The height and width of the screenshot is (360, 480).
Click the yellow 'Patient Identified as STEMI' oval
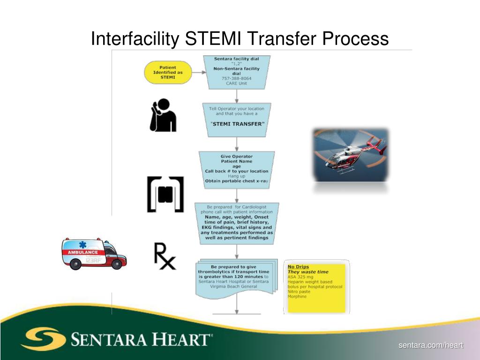[168, 73]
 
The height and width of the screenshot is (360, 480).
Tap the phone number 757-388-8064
[236, 78]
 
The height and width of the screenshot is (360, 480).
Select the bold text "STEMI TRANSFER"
[237, 124]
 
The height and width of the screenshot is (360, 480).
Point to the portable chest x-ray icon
[165, 194]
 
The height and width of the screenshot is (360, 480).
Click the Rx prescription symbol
[165, 256]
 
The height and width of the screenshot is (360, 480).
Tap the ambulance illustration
[94, 254]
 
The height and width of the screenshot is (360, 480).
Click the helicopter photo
[350, 155]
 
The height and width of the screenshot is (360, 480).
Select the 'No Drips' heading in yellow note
[298, 267]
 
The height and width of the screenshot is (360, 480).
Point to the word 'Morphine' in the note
[297, 297]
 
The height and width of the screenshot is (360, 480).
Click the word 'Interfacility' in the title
[134, 38]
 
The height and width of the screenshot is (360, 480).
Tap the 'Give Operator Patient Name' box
[237, 169]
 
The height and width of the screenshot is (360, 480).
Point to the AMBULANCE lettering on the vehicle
[83, 252]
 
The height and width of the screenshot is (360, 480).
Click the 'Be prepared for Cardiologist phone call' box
[237, 222]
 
